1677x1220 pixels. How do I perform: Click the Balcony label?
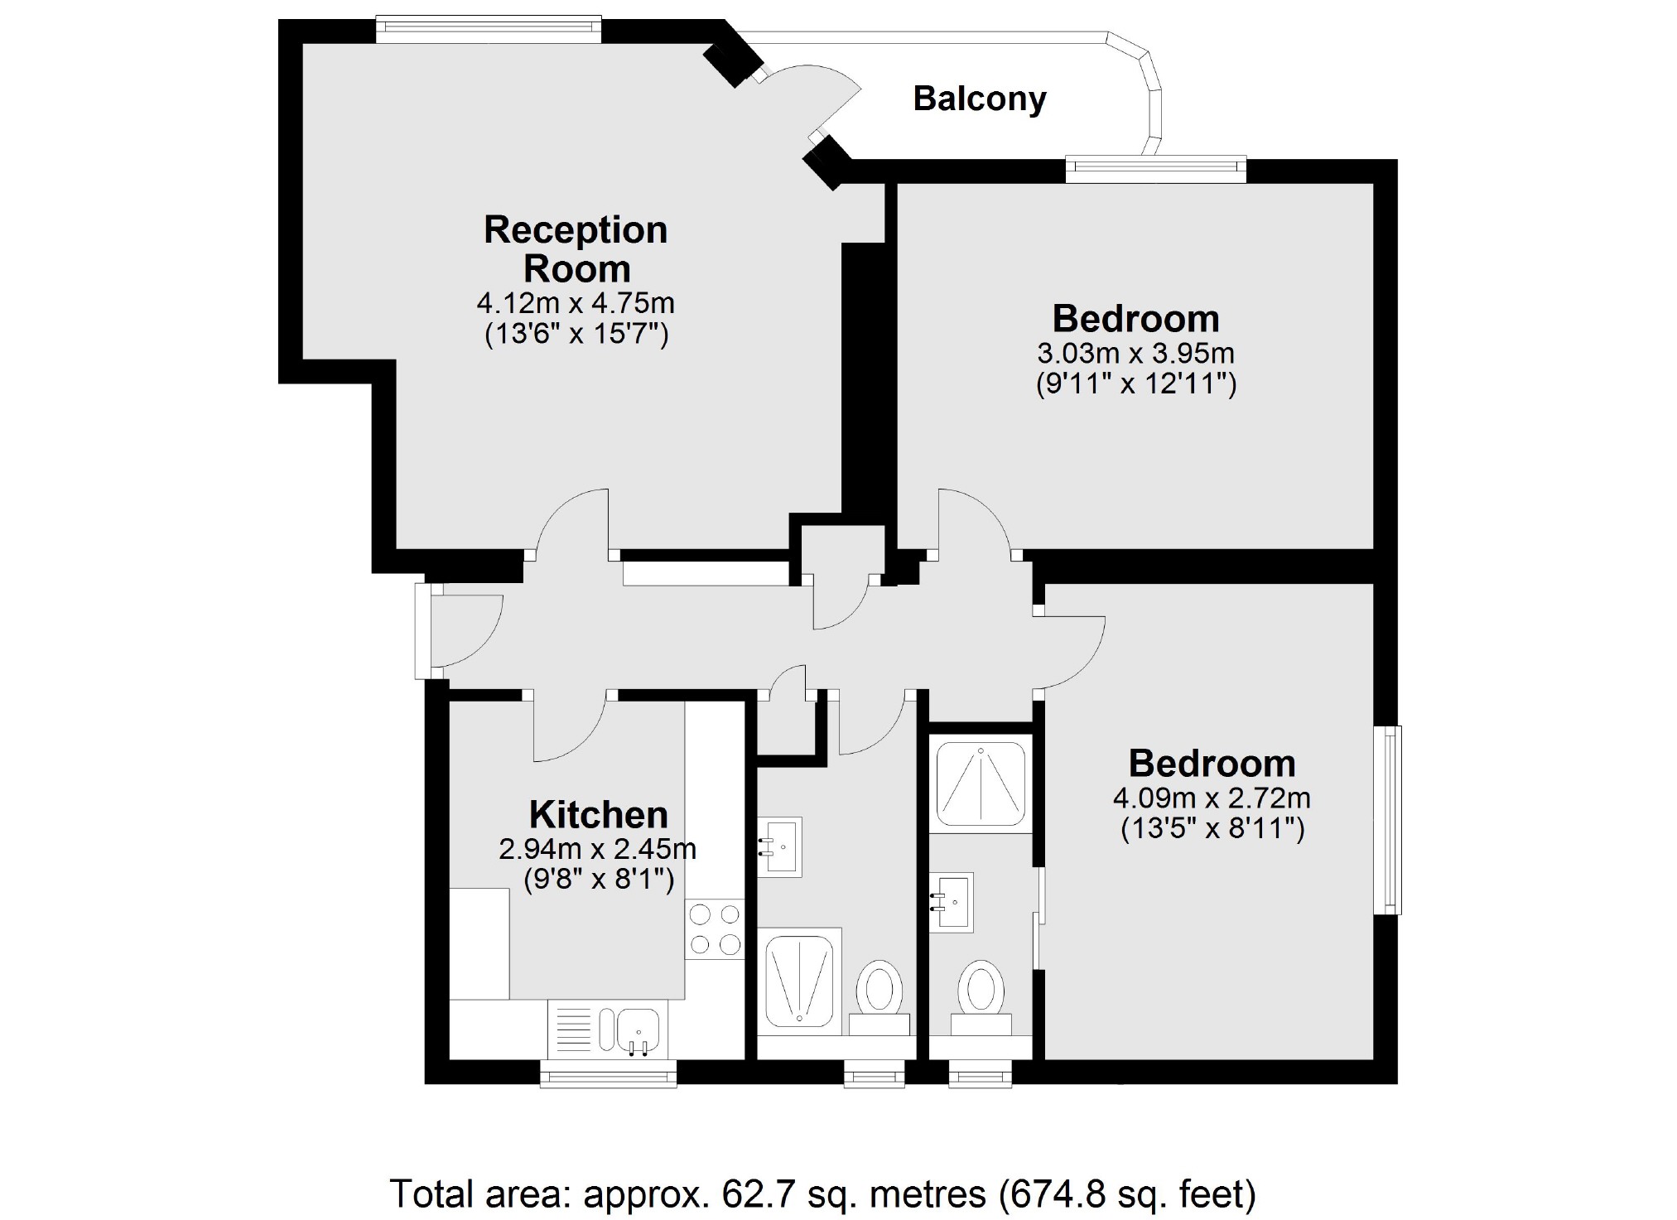coord(979,99)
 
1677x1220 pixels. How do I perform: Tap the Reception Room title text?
coord(576,248)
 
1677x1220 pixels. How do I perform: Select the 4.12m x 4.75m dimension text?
coord(576,303)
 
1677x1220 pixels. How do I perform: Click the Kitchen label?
coord(598,814)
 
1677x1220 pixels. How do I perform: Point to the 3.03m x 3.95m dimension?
coord(1135,354)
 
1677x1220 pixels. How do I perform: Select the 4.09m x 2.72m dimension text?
coord(1212,798)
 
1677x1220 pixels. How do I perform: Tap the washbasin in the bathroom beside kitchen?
coord(779,846)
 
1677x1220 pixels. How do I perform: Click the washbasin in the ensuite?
coord(952,902)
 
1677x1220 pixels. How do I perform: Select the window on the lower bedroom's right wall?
coord(1388,820)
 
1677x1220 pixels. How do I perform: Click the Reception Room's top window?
coord(488,29)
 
